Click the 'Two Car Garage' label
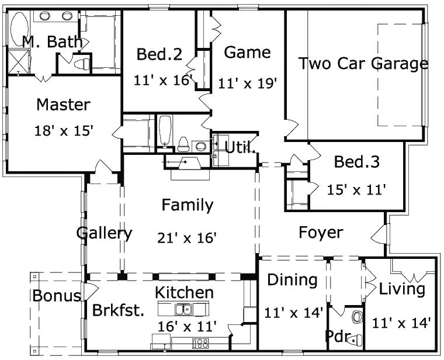pos(363,64)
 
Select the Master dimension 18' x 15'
pos(64,130)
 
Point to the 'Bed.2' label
pos(159,55)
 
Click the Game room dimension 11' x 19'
pos(247,84)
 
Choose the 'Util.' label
pos(240,148)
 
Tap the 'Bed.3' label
pos(356,162)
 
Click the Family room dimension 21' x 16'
pos(187,237)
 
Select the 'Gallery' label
pos(104,233)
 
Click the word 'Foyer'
pos(321,233)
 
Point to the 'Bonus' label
pos(56,296)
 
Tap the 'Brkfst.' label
pos(118,310)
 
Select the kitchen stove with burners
pos(200,343)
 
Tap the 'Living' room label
pos(402,289)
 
